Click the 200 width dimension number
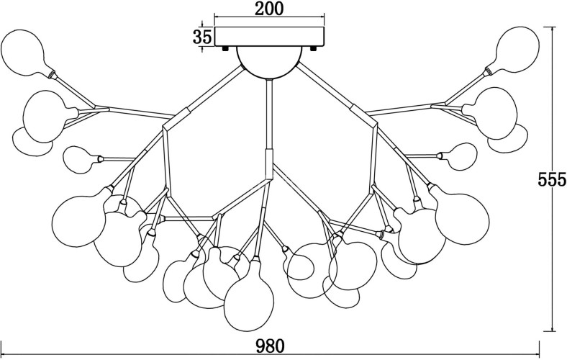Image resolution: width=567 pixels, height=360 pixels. (x=269, y=9)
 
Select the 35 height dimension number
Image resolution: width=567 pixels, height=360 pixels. (x=203, y=37)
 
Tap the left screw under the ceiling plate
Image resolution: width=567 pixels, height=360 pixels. (x=226, y=48)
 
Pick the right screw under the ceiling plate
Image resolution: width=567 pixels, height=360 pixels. (x=314, y=48)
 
